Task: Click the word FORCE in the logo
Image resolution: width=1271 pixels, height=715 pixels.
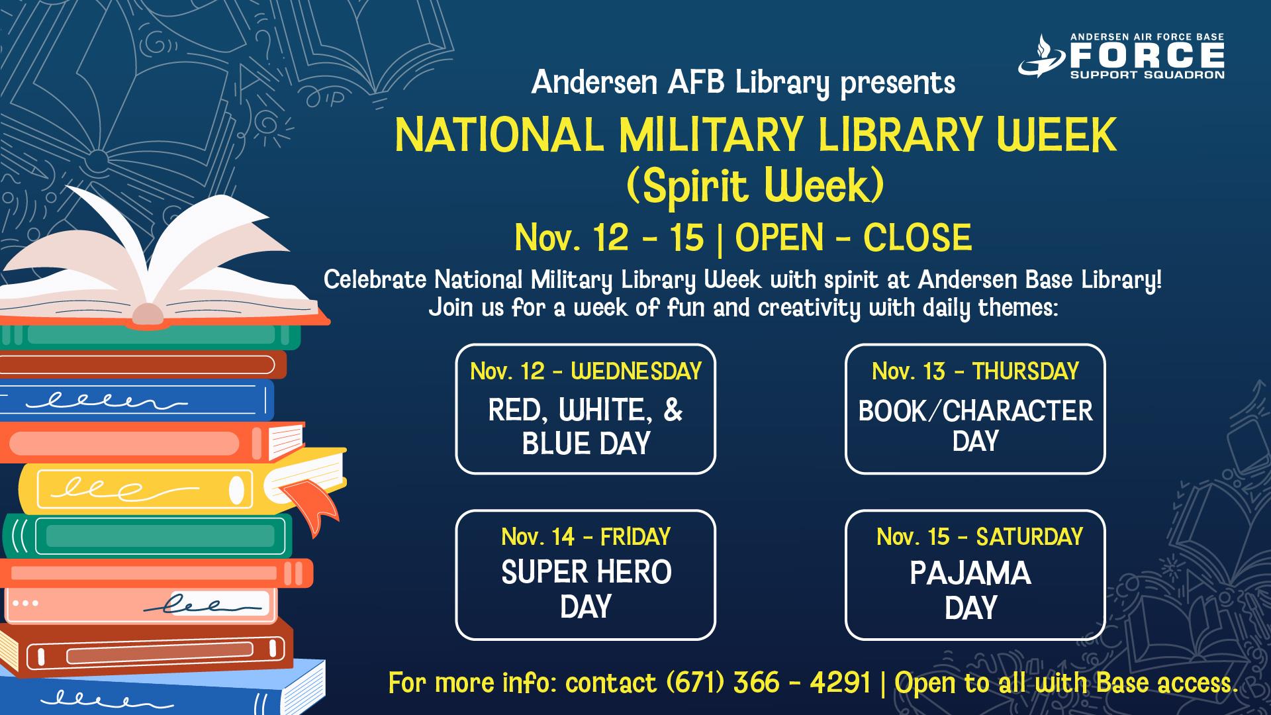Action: [1147, 55]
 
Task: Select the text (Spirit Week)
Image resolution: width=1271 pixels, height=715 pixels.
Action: [755, 185]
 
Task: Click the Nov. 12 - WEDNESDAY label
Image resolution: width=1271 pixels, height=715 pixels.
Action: [585, 371]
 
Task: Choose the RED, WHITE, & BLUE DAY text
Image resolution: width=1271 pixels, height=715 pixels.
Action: [585, 427]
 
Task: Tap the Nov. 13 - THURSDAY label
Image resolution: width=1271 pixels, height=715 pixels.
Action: [975, 371]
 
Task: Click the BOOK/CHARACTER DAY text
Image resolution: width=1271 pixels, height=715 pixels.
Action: [975, 426]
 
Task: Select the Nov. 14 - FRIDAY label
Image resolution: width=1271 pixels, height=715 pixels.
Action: [585, 536]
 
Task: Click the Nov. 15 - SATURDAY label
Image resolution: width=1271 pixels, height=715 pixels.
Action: [979, 536]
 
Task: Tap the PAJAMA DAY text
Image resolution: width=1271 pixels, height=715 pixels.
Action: [970, 590]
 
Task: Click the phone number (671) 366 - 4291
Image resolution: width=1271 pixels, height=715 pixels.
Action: [768, 683]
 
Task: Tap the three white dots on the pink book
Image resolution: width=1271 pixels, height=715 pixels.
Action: [26, 603]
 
